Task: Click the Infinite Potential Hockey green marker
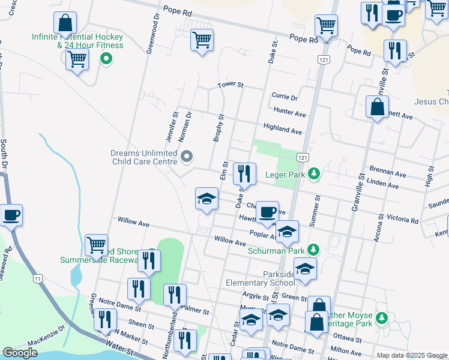coord(106,59)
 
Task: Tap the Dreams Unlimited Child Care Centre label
coord(143,157)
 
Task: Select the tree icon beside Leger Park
coord(313,174)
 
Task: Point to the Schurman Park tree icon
coord(312,250)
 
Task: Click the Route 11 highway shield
coord(38,278)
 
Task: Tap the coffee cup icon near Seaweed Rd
coord(11,214)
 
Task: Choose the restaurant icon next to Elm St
coord(244,174)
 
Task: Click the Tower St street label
coord(230,85)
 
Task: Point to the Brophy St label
coord(218,128)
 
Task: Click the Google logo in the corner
coord(20,353)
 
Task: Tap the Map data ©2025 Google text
coord(411,355)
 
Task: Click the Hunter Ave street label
coord(289,112)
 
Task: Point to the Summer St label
coord(315,210)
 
